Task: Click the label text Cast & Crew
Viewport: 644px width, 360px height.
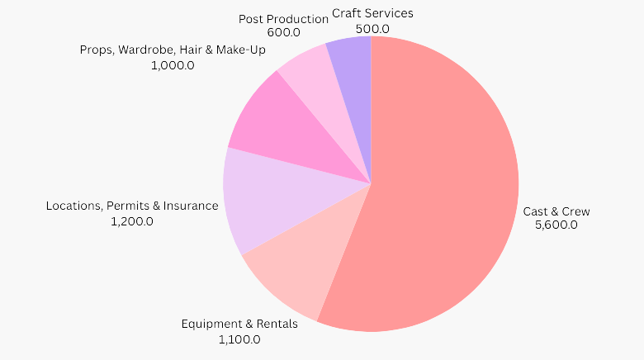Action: (x=556, y=211)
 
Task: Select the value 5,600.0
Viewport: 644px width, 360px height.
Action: (x=556, y=225)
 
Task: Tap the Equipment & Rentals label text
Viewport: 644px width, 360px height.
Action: (x=239, y=324)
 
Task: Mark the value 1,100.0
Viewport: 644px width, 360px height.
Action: (x=239, y=339)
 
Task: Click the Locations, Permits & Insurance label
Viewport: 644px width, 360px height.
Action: (x=132, y=206)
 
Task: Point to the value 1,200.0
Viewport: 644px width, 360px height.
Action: (x=132, y=220)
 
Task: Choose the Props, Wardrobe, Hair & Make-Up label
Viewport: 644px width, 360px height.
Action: (x=173, y=50)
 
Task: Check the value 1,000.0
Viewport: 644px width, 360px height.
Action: (x=173, y=65)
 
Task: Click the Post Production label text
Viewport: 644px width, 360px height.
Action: (x=283, y=18)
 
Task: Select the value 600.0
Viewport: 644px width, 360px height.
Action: (x=283, y=32)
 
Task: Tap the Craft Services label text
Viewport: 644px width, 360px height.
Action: (x=372, y=13)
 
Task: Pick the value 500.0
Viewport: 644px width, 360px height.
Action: (x=372, y=28)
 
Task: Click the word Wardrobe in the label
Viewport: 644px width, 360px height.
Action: (x=146, y=50)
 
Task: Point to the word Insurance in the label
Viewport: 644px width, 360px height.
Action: (x=192, y=206)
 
